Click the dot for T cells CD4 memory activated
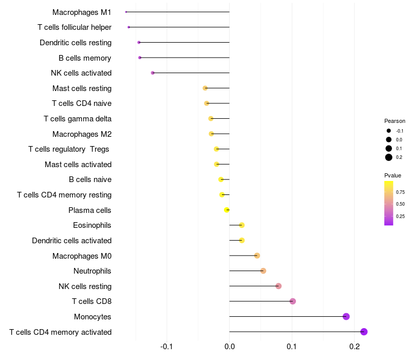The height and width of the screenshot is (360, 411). pyautogui.click(x=364, y=332)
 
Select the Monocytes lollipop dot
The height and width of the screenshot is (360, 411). pyautogui.click(x=346, y=316)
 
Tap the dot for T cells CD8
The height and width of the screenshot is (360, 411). pyautogui.click(x=293, y=301)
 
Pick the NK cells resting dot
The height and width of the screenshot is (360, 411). pyautogui.click(x=278, y=286)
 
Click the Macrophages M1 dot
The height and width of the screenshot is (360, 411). pyautogui.click(x=126, y=12)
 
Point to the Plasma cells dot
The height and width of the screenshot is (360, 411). pyautogui.click(x=227, y=210)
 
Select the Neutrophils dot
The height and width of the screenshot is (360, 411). pyautogui.click(x=264, y=271)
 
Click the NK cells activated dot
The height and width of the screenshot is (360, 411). pyautogui.click(x=153, y=73)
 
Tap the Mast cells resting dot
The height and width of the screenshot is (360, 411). pyautogui.click(x=205, y=88)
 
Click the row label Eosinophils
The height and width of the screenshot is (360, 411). pyautogui.click(x=92, y=225)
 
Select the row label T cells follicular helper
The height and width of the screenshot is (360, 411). pyautogui.click(x=74, y=27)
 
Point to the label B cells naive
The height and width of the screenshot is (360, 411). pyautogui.click(x=90, y=179)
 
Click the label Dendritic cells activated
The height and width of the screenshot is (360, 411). pyautogui.click(x=72, y=240)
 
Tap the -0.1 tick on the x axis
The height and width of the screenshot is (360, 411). pyautogui.click(x=166, y=347)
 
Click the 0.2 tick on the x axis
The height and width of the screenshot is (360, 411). pyautogui.click(x=354, y=347)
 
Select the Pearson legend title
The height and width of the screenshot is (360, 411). pyautogui.click(x=395, y=121)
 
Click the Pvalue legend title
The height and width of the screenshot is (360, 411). pyautogui.click(x=393, y=175)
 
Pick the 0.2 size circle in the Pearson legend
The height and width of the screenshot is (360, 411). pyautogui.click(x=389, y=157)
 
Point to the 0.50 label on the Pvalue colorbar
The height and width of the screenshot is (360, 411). pyautogui.click(x=400, y=204)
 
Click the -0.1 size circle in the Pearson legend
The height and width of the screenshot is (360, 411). pyautogui.click(x=389, y=131)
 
